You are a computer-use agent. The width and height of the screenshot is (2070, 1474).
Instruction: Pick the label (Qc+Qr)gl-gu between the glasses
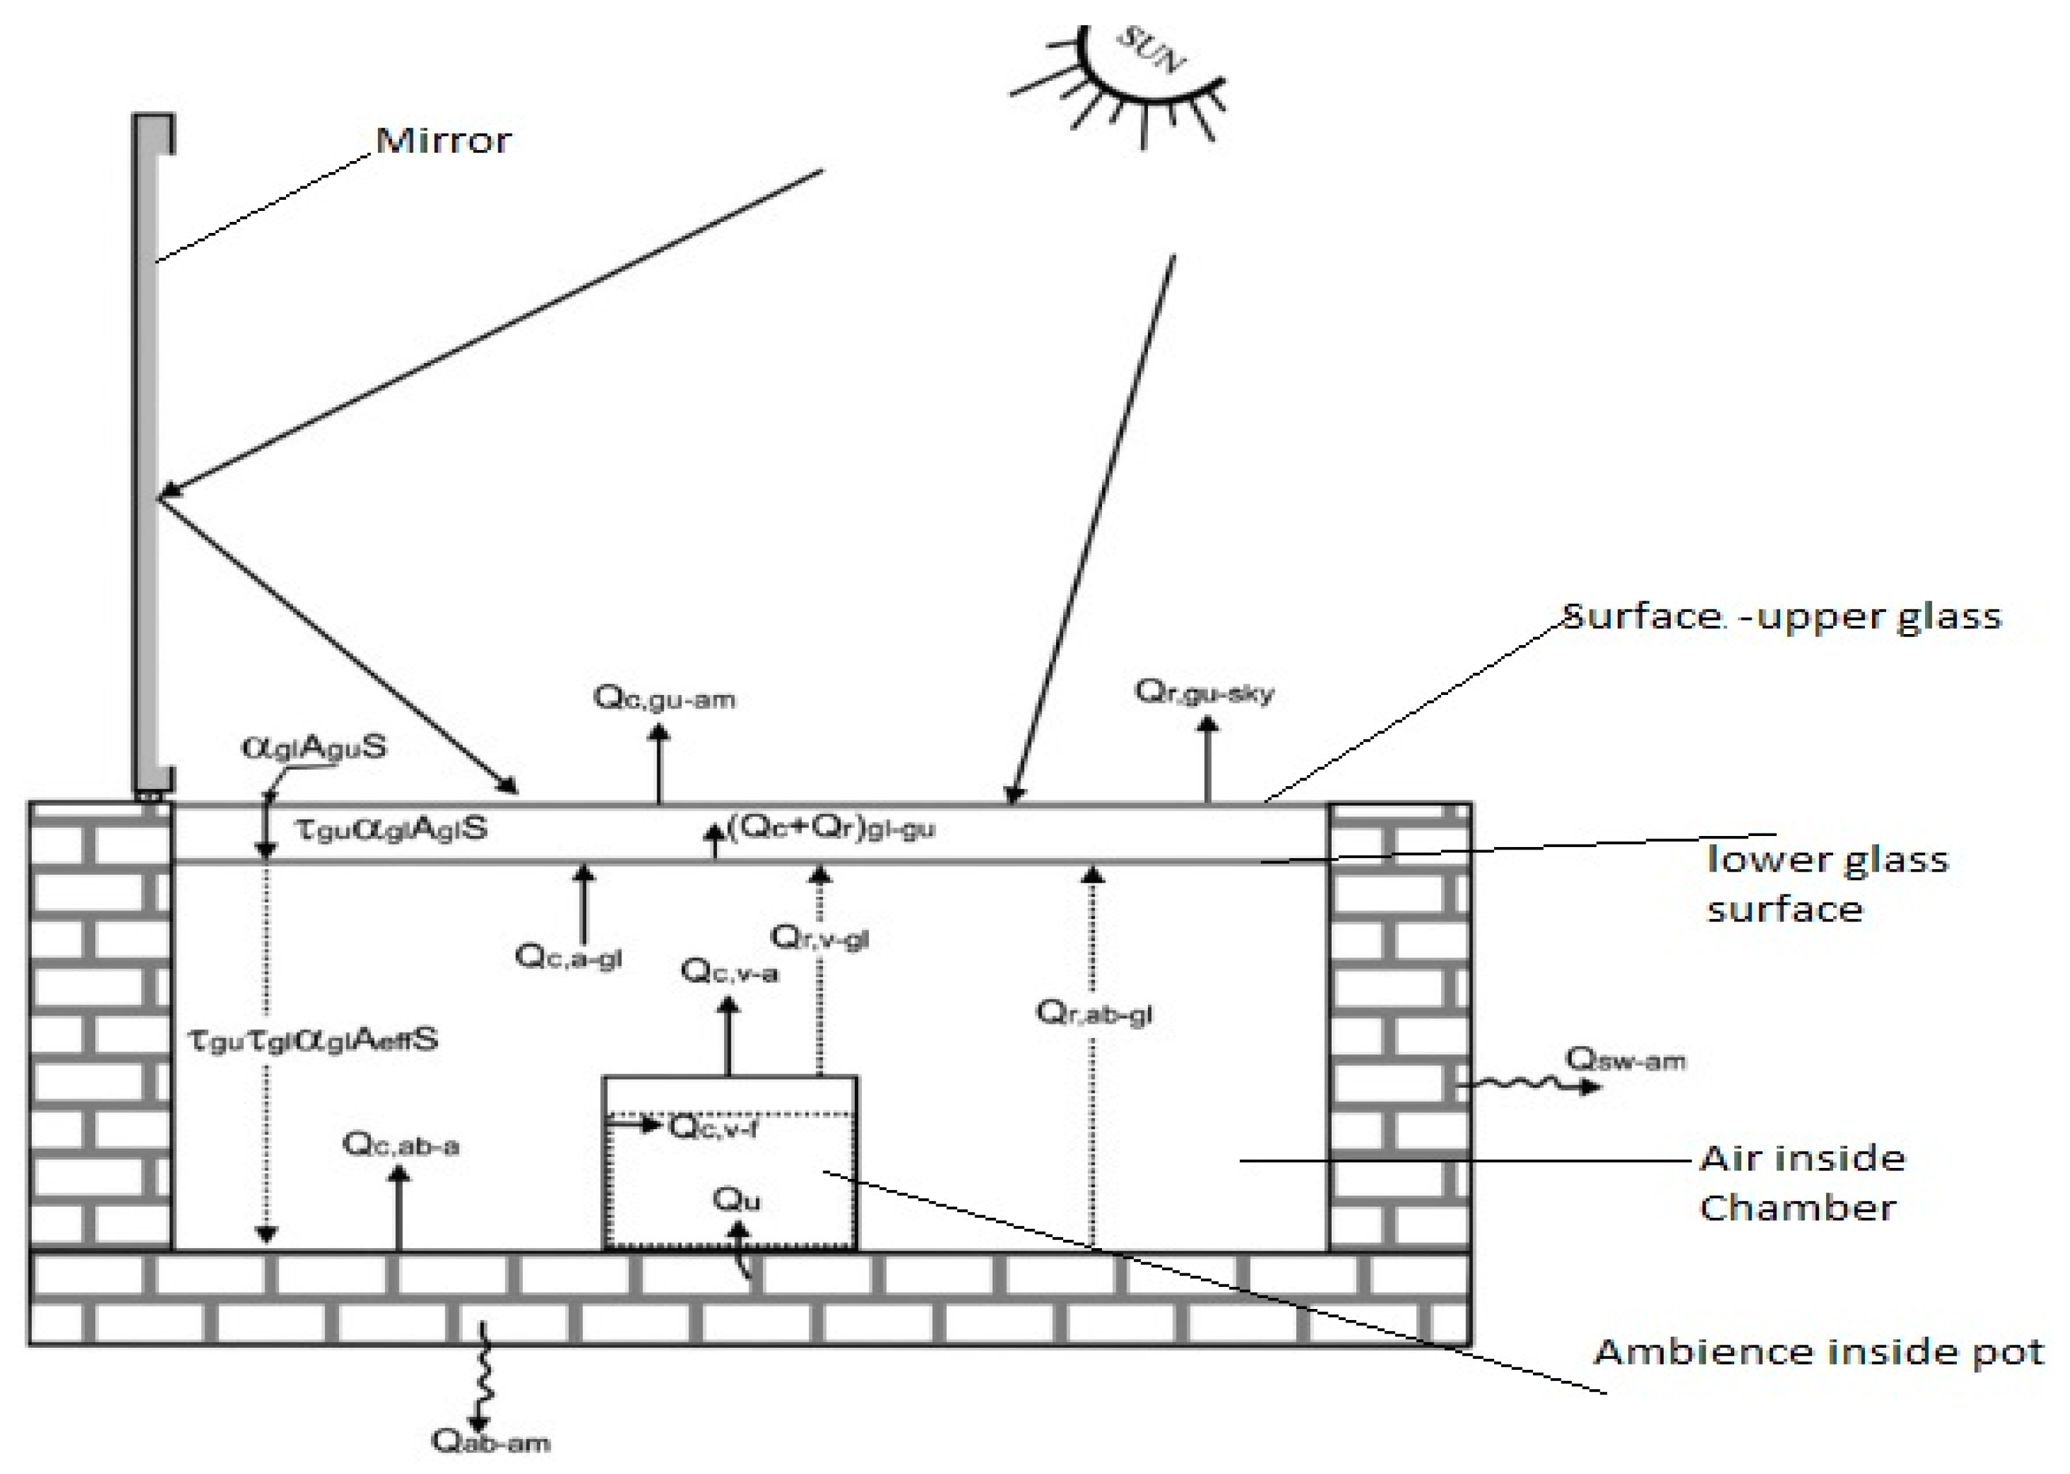point(830,828)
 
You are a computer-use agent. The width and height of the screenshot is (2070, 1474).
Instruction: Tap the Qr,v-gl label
point(819,937)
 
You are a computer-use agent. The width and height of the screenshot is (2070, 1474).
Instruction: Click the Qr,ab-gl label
point(1094,1012)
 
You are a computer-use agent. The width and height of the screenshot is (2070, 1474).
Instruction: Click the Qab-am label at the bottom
point(490,1442)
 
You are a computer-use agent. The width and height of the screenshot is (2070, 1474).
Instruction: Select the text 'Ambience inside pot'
point(1818,1352)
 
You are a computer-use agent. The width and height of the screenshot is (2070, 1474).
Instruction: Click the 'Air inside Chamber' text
point(1801,1183)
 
